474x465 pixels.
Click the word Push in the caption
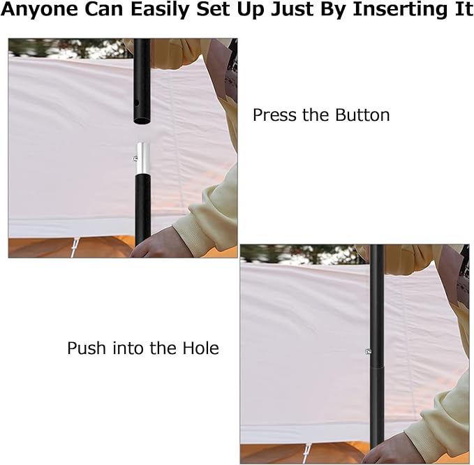(x=87, y=348)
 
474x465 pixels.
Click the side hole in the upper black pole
(x=136, y=103)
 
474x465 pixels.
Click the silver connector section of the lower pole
(x=143, y=158)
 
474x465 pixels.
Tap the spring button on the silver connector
(x=135, y=158)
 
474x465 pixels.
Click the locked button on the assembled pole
(x=368, y=351)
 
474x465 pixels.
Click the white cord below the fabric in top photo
(x=75, y=247)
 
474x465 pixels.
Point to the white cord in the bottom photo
(x=307, y=453)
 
